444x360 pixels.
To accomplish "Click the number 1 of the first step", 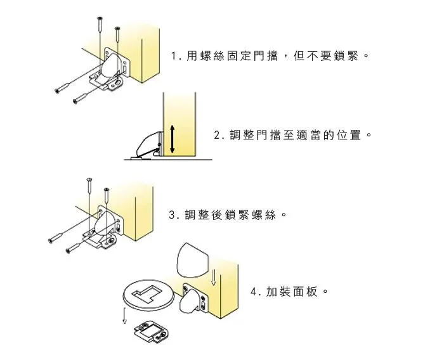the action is coord(173,56).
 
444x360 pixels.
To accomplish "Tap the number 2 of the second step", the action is coord(217,135).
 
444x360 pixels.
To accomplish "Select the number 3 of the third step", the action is coord(172,215).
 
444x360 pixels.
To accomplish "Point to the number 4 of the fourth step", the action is coord(254,291).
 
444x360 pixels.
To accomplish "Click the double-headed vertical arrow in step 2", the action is coord(172,139).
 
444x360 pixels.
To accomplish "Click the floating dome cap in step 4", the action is coord(193,259).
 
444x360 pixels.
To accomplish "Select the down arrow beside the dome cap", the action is coord(214,278).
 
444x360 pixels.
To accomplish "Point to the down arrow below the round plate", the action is coord(124,316).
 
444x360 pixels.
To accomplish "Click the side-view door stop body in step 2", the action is coord(147,144).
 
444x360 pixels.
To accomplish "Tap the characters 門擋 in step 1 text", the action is coord(265,56).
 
